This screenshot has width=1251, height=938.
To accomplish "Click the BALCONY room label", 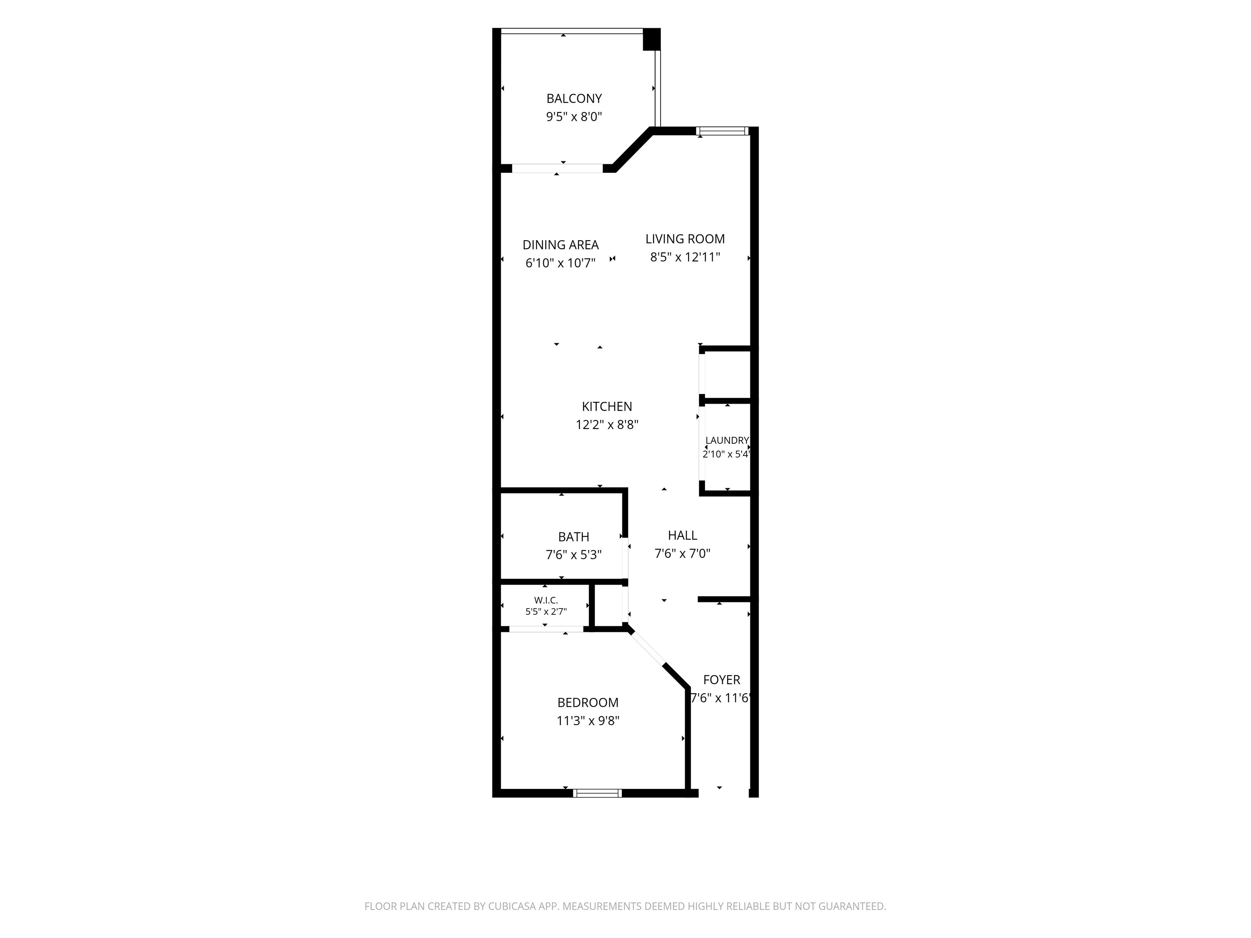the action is [574, 99].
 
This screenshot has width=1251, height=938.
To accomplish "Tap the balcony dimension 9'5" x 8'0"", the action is [574, 117].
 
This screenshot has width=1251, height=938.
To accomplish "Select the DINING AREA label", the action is [560, 245].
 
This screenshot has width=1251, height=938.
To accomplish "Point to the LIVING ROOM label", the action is [685, 239].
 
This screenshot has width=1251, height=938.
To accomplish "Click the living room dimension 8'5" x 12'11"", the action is [685, 257].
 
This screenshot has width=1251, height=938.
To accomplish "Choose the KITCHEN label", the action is [607, 407].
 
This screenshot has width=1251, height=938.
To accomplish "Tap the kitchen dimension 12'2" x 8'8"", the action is [607, 425].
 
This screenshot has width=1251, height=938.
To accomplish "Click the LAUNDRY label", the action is [727, 441].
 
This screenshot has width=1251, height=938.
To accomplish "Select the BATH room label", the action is [573, 537].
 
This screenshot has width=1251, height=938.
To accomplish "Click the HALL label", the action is [682, 535].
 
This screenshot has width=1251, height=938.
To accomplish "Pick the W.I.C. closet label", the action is [546, 600].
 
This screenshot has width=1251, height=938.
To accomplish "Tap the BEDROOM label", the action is [588, 703].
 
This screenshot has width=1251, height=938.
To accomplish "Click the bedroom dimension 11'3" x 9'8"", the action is [588, 721].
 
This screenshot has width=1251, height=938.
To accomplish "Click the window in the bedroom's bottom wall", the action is [597, 793].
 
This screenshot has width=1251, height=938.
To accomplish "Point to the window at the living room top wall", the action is [722, 131].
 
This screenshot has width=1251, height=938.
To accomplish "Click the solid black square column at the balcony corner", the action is [652, 39].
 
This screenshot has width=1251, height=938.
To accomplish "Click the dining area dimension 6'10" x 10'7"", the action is [560, 263].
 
